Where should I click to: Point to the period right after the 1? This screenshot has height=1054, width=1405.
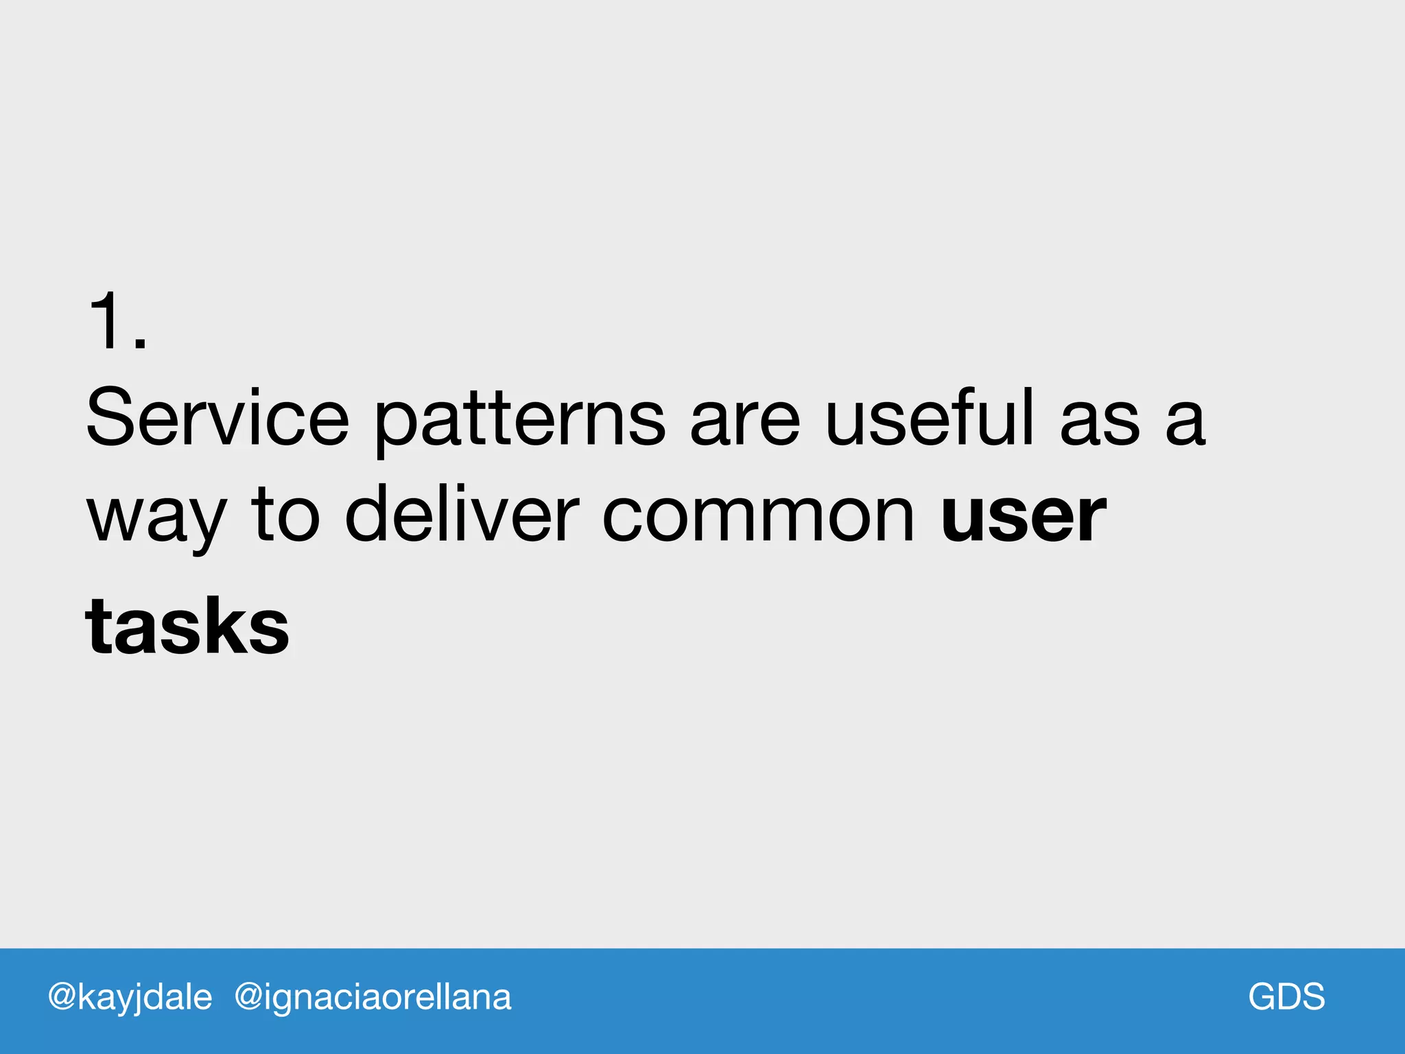click(140, 344)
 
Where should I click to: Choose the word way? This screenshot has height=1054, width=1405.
click(156, 519)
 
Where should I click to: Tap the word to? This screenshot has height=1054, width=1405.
click(285, 515)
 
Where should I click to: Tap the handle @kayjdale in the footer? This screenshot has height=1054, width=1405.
click(130, 997)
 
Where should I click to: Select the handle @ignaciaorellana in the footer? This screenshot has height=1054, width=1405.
click(373, 997)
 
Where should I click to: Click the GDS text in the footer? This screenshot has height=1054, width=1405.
click(1286, 996)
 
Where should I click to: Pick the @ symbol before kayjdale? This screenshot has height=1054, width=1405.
click(62, 997)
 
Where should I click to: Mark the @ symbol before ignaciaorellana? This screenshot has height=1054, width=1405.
click(248, 997)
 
